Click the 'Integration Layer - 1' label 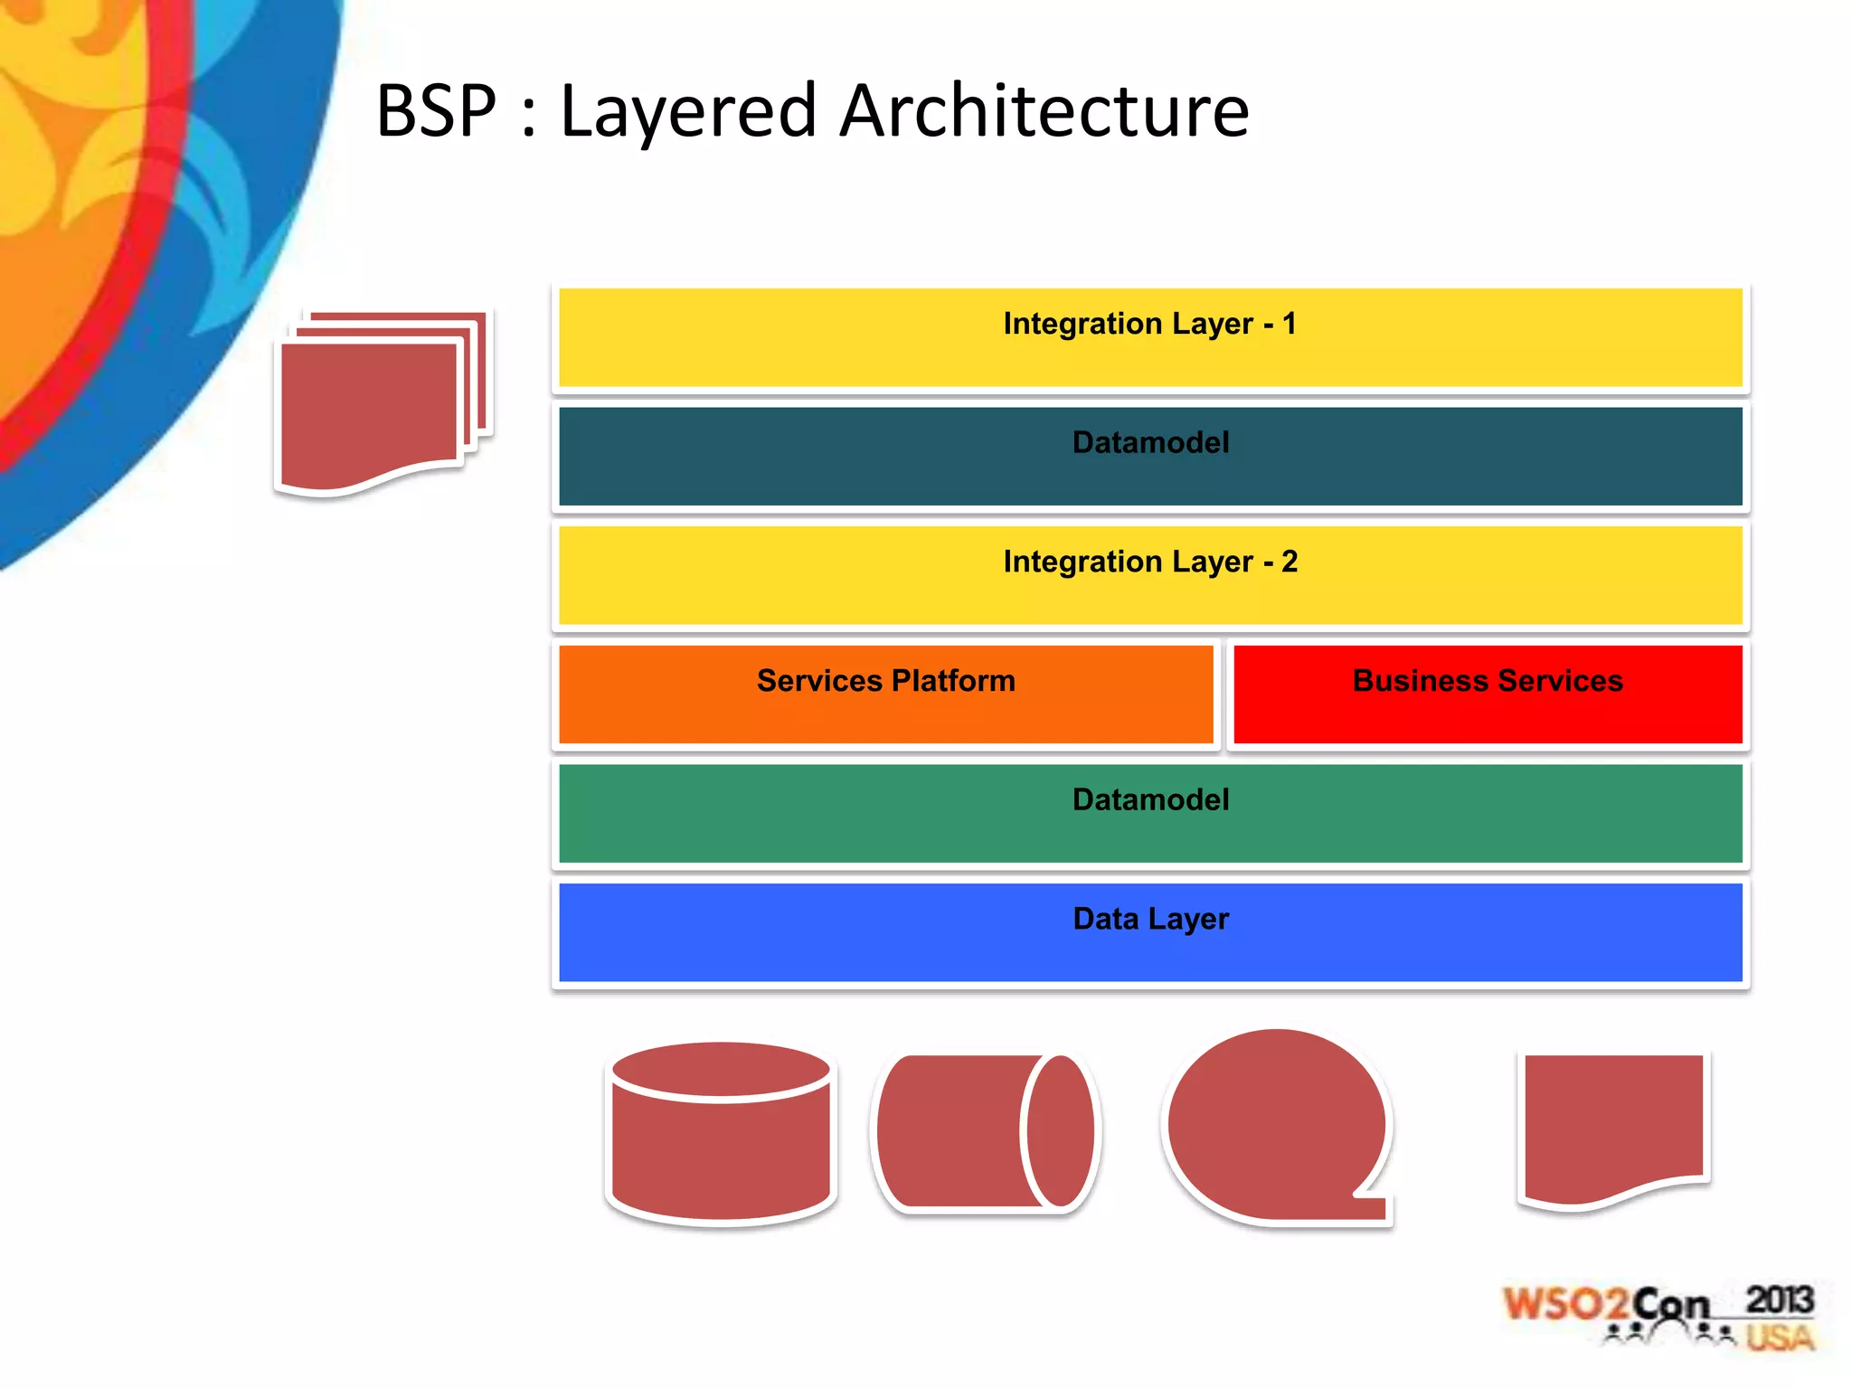(1149, 324)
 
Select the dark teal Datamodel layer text (1150, 442)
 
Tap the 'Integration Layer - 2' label (1149, 562)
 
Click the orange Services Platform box (885, 694)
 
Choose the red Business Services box (1488, 694)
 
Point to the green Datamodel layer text (1150, 799)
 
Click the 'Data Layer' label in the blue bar (1150, 919)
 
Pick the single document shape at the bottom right (1613, 1121)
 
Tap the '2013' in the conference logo (1779, 1299)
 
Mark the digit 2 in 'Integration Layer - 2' (1290, 562)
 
